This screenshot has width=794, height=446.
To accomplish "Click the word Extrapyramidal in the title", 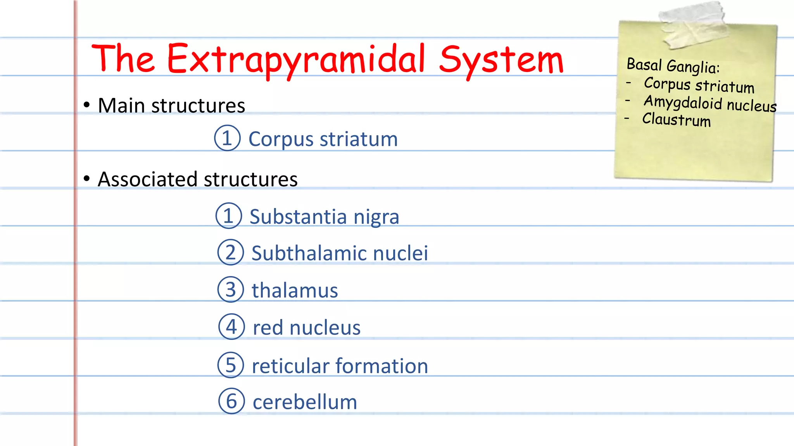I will tap(297, 59).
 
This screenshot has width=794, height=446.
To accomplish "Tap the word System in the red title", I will tap(501, 60).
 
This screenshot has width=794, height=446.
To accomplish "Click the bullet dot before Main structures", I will tap(87, 105).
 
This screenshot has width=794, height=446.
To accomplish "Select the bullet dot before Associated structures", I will tap(87, 178).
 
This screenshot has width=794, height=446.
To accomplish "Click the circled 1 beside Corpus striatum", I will tap(227, 138).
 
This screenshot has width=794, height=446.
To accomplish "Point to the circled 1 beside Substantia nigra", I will tap(228, 216).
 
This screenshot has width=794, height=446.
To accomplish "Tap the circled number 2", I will tap(230, 252).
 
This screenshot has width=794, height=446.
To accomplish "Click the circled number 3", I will tap(230, 290).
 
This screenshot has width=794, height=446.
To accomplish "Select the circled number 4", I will tap(231, 327).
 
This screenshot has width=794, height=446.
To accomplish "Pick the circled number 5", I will tap(230, 365).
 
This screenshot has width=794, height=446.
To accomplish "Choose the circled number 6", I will tap(231, 401).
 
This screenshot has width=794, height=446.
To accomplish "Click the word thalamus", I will tap(295, 290).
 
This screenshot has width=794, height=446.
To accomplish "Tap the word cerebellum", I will tap(305, 402).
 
